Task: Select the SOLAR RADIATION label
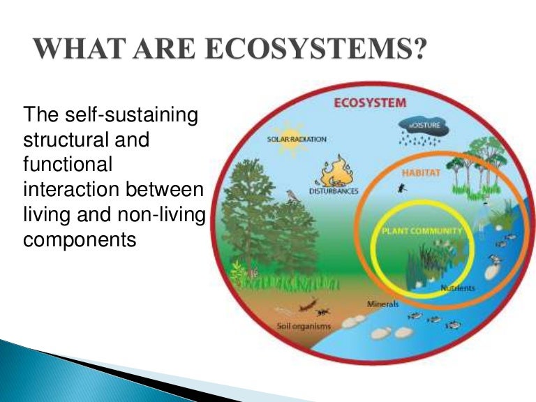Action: [297, 139]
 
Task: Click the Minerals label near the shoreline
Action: [382, 304]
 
